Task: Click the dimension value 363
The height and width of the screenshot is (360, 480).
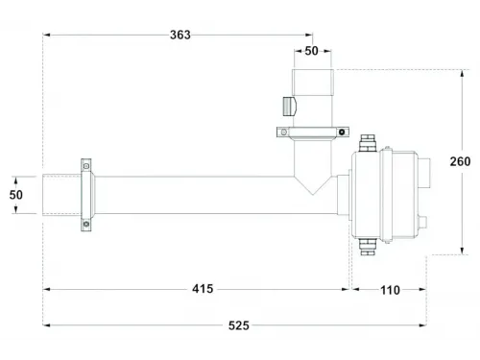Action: coord(179,35)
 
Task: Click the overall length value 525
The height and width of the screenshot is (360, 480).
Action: coord(239,326)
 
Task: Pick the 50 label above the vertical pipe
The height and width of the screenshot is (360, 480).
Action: coord(313,51)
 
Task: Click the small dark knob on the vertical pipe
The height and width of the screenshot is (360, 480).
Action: coord(285,104)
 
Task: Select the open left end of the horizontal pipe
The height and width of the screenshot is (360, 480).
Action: coord(43,195)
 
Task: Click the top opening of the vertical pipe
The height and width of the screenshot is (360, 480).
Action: coord(313,70)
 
